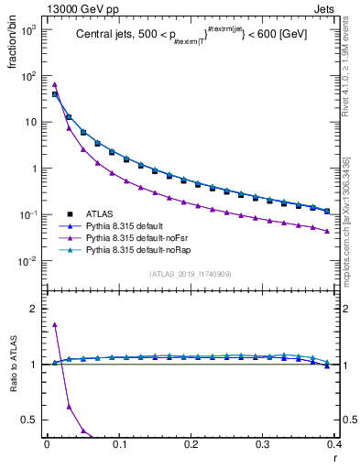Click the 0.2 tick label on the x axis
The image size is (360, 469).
[191, 444]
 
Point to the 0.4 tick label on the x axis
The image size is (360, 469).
[334, 444]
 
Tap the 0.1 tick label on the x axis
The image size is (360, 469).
[118, 444]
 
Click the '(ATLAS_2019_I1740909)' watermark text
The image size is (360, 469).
[190, 274]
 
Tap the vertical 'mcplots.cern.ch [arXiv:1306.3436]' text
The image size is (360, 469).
[348, 216]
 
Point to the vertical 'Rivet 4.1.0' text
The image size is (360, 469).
[348, 60]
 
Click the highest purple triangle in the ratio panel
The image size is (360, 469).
[55, 324]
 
